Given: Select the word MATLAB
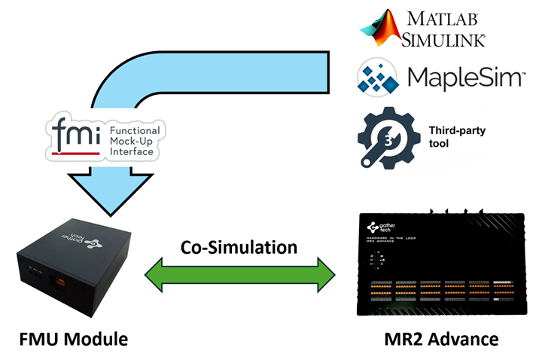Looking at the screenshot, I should [x=445, y=17].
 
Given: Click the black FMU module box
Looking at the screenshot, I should [x=72, y=264].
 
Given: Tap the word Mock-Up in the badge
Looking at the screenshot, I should [x=131, y=140].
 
